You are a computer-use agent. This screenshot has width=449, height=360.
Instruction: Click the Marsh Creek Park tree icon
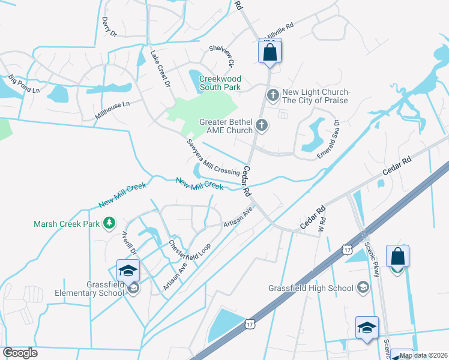109,224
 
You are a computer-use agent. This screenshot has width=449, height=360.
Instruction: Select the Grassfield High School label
311,288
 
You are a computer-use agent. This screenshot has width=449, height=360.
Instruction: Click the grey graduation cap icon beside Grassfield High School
363,287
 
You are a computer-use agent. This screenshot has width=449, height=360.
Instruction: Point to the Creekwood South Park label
220,83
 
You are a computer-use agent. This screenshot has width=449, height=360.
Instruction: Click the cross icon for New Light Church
273,95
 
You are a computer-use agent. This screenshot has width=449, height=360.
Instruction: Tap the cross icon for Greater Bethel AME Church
261,125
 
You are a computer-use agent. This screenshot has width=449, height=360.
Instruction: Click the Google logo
20,353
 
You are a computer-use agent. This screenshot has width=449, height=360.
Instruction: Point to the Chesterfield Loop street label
187,246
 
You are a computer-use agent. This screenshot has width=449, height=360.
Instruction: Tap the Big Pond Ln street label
24,83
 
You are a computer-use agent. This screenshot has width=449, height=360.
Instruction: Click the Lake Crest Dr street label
160,67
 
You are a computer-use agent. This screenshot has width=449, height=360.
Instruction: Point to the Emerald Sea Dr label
329,139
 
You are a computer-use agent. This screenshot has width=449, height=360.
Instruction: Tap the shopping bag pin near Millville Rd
270,52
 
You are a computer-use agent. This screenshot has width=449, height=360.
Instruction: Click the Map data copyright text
424,355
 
